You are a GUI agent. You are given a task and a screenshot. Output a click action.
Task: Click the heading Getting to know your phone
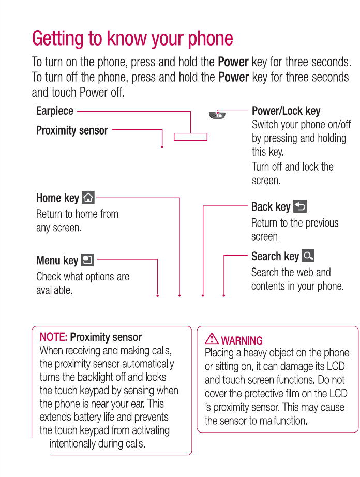coord(132,38)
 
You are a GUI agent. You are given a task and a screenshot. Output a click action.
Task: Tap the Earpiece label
coord(55,111)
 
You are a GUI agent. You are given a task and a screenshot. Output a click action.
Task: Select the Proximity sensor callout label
coord(72,130)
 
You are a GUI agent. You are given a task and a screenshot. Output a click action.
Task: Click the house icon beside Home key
coord(88,197)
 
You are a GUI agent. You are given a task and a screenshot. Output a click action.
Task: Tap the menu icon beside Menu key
coord(87,260)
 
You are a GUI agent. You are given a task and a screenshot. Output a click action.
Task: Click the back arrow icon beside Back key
coord(300,206)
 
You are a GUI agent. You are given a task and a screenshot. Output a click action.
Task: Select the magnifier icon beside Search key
coord(308,256)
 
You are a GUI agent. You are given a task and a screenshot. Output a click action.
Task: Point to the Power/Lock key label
coord(286,111)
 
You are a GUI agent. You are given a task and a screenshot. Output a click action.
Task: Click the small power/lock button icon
coord(217,115)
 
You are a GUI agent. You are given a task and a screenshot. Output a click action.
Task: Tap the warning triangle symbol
coord(212,339)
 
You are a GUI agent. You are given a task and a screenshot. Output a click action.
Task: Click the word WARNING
coord(242,341)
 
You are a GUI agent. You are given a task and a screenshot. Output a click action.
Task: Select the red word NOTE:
coord(53,337)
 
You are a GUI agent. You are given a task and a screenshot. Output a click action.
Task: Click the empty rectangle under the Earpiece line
coord(190,137)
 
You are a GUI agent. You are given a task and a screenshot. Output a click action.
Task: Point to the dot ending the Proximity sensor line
coord(162,147)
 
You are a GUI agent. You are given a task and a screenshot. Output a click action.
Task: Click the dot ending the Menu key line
coord(157,296)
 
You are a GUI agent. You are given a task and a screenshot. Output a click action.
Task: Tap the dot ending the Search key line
coord(224,296)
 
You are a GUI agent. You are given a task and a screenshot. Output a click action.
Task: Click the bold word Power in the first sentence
coord(233,62)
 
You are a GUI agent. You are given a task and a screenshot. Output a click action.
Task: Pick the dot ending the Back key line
coord(203,296)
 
